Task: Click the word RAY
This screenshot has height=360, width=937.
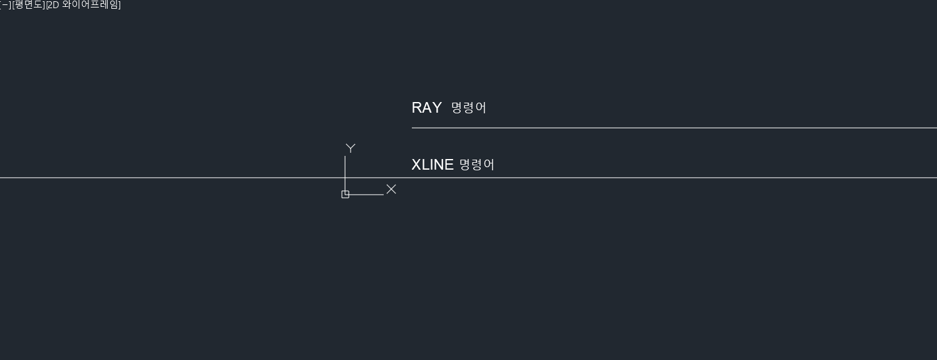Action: [x=426, y=108]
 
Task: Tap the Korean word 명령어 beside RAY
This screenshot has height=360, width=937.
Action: [x=468, y=108]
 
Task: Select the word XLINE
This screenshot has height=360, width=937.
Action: [x=432, y=165]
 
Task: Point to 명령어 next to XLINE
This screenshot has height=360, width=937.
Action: [x=477, y=165]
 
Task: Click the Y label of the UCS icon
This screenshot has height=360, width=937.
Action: [x=351, y=148]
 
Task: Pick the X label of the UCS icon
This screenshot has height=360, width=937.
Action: [x=391, y=189]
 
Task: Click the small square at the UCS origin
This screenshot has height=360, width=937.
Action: [x=345, y=195]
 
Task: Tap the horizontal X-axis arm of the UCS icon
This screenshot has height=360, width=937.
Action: [x=366, y=195]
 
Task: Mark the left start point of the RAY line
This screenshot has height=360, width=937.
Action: [x=412, y=128]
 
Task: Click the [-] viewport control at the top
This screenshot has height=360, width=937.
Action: [x=4, y=5]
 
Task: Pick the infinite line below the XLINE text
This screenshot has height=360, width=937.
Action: [x=188, y=178]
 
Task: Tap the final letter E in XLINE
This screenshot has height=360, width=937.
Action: [x=449, y=165]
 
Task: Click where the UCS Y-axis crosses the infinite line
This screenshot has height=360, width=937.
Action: [x=345, y=178]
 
